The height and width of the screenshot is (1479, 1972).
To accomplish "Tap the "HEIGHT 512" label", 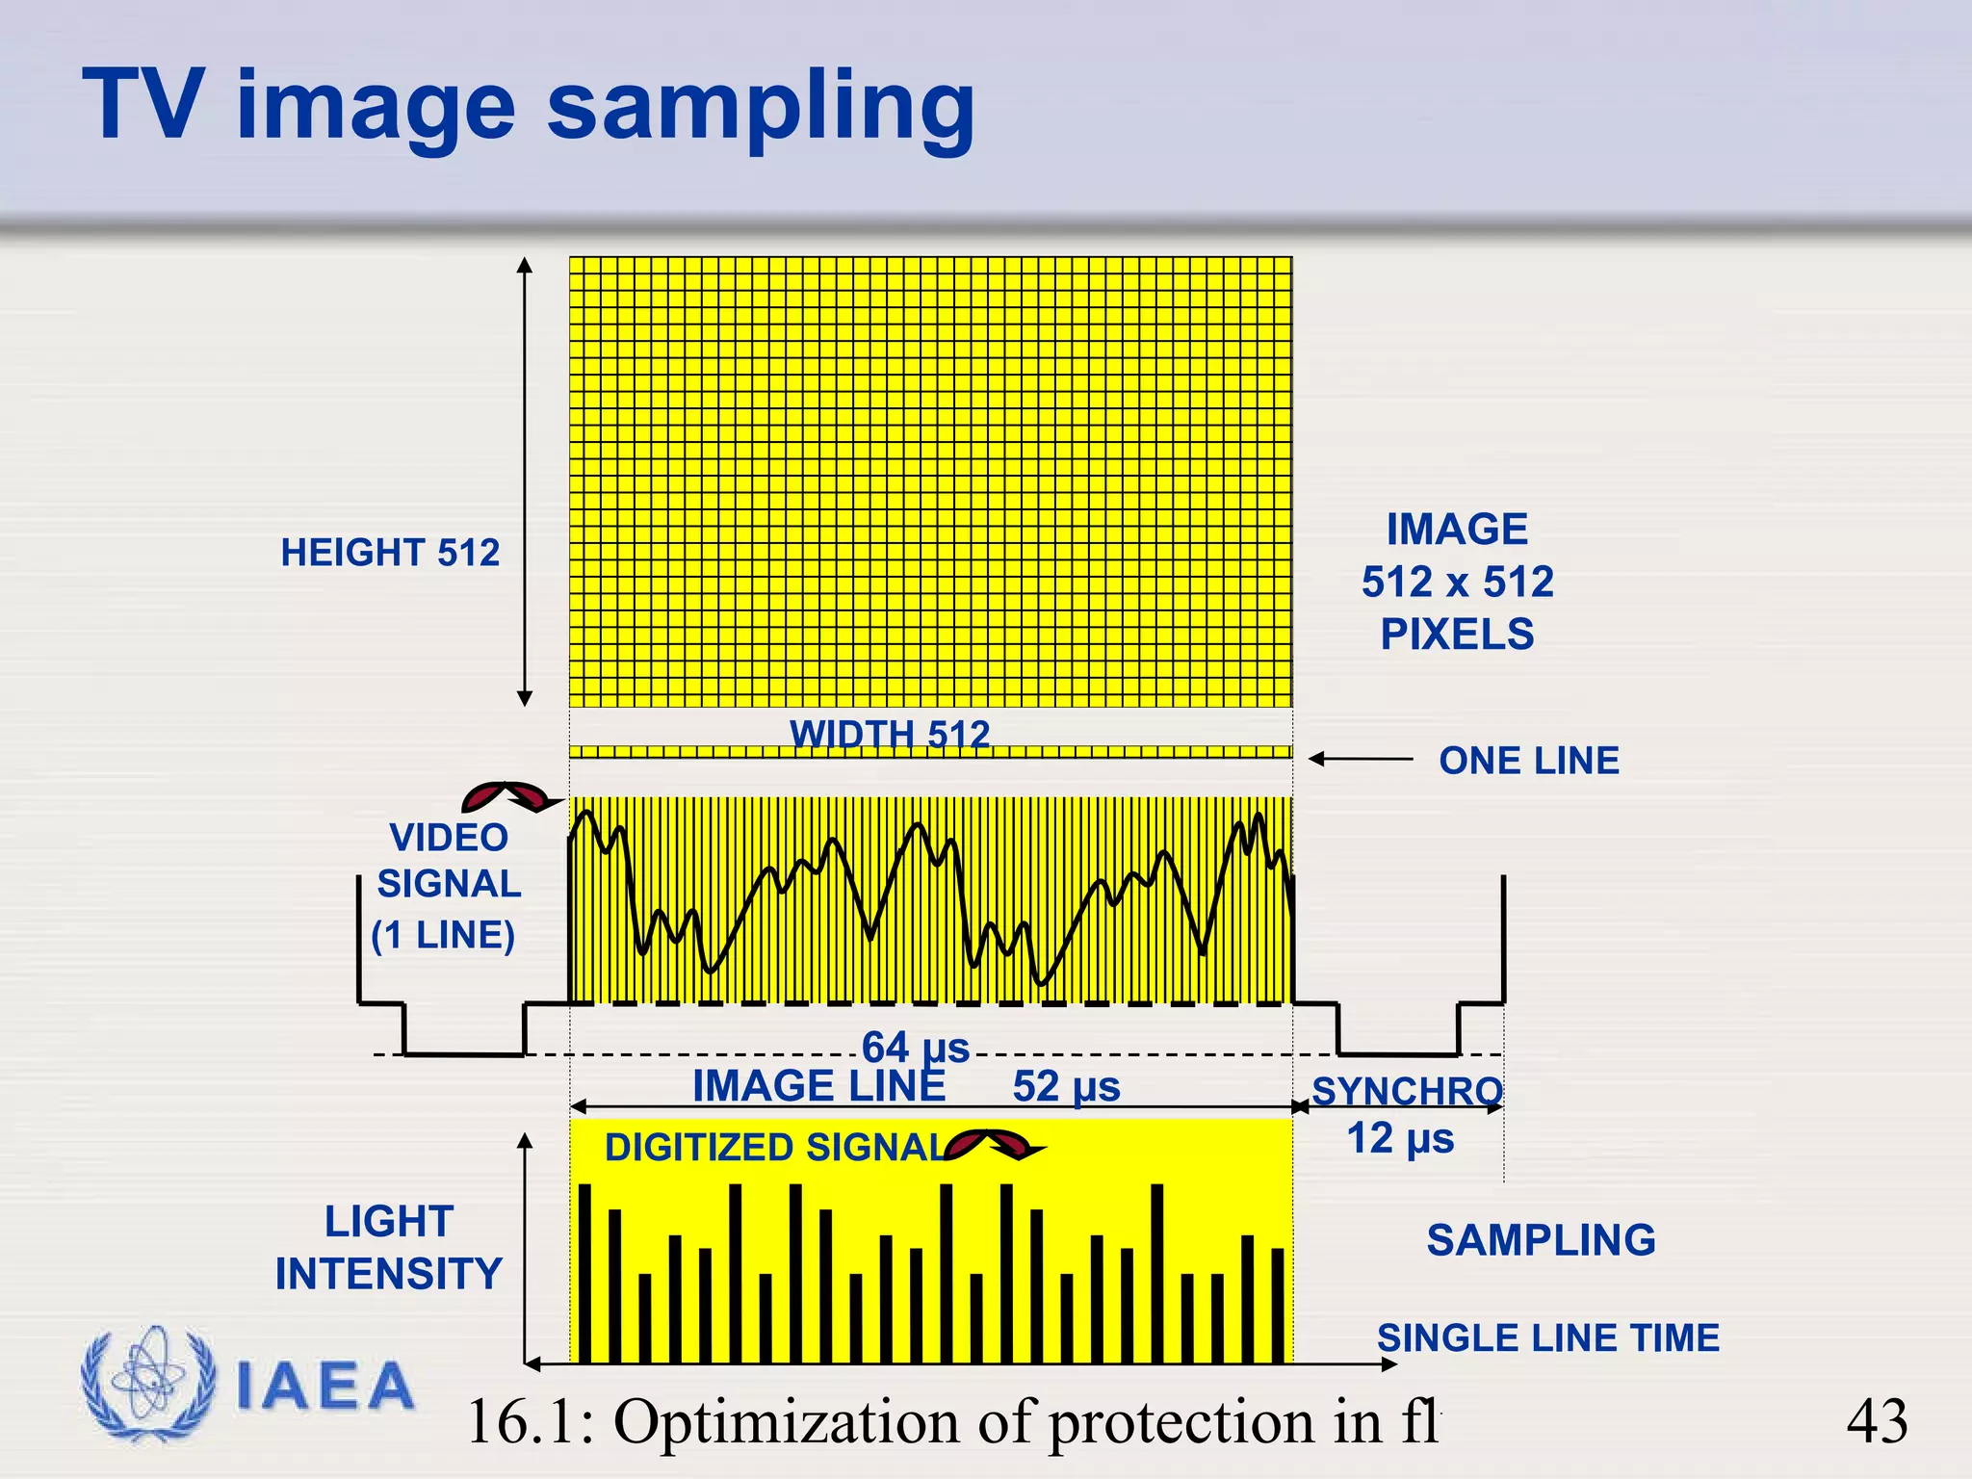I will [390, 553].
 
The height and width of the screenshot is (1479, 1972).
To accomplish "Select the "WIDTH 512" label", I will [890, 734].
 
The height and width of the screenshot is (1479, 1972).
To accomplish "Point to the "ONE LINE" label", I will [1529, 761].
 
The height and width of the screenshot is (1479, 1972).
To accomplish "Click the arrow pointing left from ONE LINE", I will [1361, 760].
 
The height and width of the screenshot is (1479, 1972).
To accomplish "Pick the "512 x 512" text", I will [1457, 582].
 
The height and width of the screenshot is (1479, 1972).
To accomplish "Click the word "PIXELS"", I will [1457, 635].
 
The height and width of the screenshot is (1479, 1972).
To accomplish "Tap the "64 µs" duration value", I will [915, 1048].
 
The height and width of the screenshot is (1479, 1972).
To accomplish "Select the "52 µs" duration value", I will [1066, 1087].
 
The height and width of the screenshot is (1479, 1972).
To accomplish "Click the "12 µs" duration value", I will [1400, 1138].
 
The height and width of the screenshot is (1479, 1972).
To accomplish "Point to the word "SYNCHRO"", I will [1407, 1091].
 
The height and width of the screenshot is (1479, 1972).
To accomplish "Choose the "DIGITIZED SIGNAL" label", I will [776, 1148].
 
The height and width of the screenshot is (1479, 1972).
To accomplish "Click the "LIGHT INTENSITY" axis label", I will [389, 1248].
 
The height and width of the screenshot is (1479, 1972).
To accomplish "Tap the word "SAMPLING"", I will [1541, 1240].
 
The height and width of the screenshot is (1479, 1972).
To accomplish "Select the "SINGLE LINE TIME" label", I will [1547, 1338].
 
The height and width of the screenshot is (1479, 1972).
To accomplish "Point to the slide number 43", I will [1877, 1421].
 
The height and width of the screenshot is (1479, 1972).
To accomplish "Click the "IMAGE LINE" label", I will [818, 1087].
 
